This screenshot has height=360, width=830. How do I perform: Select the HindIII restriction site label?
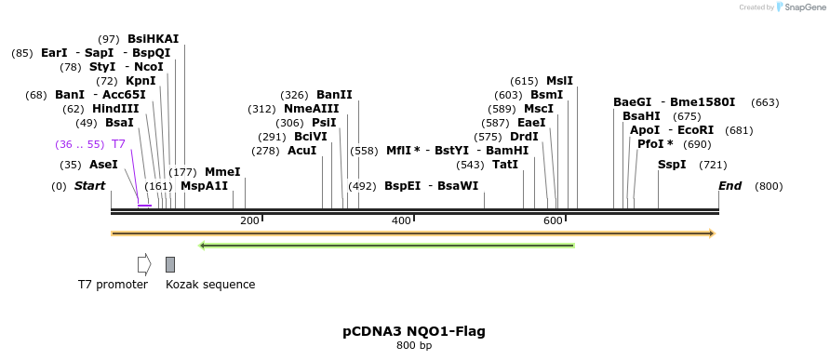[x=115, y=109]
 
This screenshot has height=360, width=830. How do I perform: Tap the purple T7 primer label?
[x=118, y=144]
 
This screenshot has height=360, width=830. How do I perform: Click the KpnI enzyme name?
[x=141, y=81]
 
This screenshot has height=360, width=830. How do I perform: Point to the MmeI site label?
[x=222, y=172]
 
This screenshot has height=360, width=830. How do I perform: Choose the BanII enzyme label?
[x=334, y=95]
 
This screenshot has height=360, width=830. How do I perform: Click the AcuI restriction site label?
[x=301, y=151]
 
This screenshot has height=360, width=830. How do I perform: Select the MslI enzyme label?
[x=559, y=81]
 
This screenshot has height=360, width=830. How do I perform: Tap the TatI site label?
[x=505, y=165]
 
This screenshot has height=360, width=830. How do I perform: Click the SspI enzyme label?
[x=672, y=165]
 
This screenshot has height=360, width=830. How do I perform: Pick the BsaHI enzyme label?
[x=641, y=116]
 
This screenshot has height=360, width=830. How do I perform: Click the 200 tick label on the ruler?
[x=249, y=220]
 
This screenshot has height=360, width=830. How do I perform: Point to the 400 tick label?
[x=401, y=220]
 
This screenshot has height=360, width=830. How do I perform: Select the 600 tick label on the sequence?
[x=553, y=220]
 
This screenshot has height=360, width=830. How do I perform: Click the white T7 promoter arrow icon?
[x=143, y=264]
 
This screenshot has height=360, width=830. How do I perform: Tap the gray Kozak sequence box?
[x=170, y=264]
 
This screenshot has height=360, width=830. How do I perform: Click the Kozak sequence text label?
[x=210, y=285]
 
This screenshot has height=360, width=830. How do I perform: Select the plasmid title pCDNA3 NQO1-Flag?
[x=414, y=331]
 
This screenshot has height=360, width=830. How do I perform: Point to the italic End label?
[x=730, y=186]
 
